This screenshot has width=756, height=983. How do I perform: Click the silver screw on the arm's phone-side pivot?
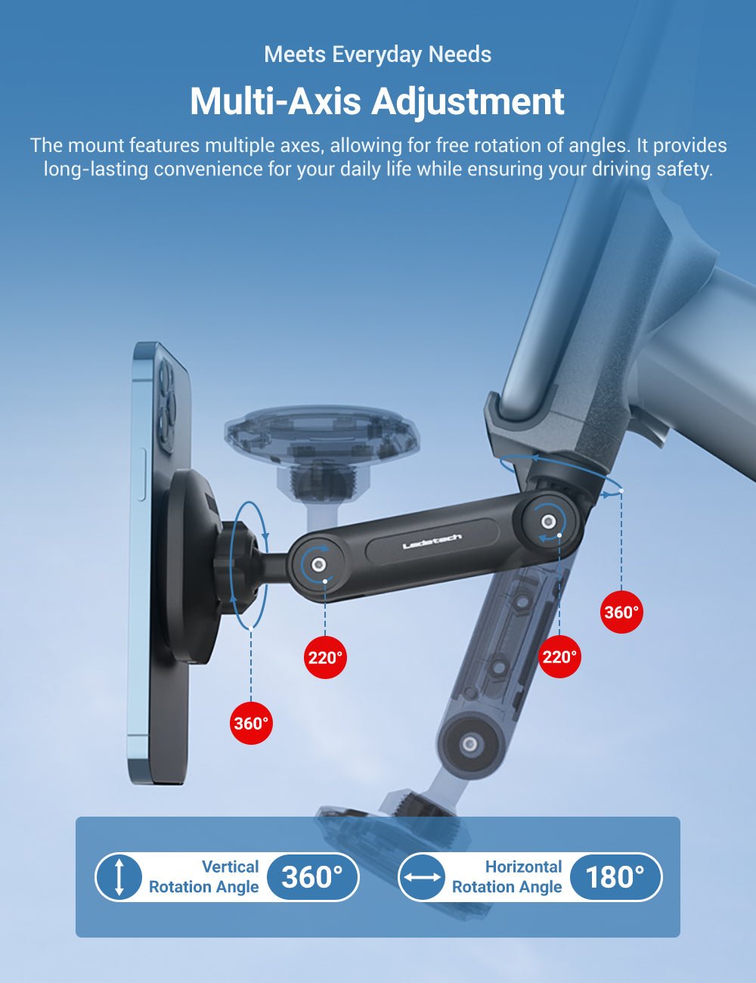[319, 564]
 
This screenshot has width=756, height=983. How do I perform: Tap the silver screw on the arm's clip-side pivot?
[548, 522]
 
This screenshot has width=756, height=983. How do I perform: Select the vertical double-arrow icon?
[119, 876]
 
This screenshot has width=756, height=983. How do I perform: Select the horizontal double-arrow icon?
[422, 876]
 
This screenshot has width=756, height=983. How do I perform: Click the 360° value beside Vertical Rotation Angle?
[312, 876]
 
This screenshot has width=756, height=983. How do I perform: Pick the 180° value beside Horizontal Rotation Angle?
[615, 876]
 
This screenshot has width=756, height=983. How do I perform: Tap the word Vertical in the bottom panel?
[230, 867]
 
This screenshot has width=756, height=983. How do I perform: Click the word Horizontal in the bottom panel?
[523, 867]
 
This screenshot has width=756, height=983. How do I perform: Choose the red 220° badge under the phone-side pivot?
[325, 657]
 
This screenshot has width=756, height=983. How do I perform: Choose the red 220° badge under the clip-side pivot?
[559, 656]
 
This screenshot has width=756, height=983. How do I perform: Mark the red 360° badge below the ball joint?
[251, 723]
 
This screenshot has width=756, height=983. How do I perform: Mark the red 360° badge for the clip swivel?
[621, 612]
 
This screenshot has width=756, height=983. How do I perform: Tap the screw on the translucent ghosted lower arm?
[470, 743]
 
